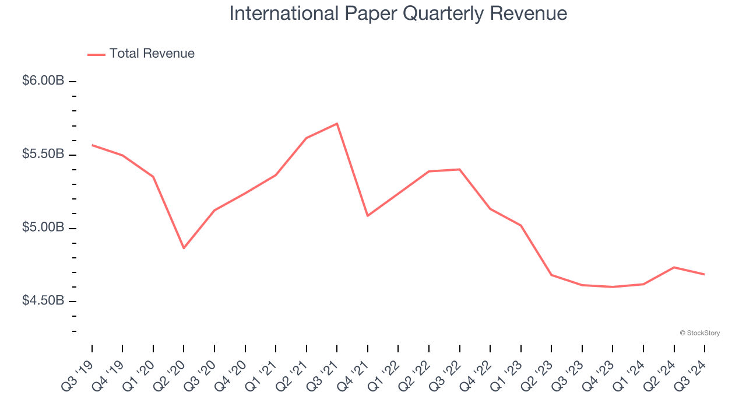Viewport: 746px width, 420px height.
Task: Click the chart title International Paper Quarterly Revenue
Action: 398,13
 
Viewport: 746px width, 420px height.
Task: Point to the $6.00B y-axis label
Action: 43,80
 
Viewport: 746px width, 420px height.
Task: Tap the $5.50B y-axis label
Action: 43,154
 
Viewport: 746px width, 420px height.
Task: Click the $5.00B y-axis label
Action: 43,227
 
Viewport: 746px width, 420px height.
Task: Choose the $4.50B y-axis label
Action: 43,300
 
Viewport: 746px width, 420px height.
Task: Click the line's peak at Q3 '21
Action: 337,124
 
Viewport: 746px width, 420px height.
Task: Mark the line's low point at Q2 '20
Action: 184,249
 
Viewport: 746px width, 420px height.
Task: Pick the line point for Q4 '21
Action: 368,216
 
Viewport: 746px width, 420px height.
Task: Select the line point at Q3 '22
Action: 460,169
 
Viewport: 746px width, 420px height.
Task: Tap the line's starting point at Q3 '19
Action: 92,145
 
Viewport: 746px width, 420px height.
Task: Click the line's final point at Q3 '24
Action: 705,274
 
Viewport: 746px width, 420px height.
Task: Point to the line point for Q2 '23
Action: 551,275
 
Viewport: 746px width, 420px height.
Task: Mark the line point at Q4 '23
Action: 613,287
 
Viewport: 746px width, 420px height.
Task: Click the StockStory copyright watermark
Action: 699,333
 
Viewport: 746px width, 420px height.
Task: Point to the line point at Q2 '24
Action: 674,267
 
